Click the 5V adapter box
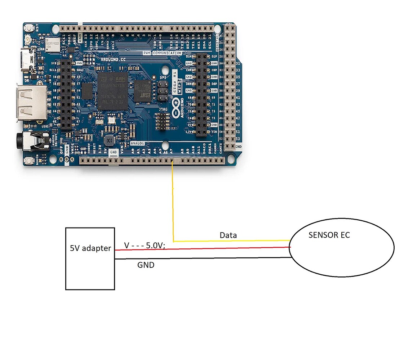point(90,258)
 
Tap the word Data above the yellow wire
point(228,235)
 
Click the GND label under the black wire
point(146,265)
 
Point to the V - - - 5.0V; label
point(145,246)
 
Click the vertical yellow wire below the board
point(173,202)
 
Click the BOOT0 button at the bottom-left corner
point(30,160)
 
